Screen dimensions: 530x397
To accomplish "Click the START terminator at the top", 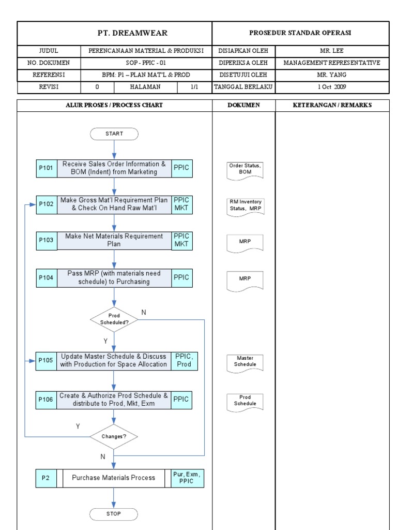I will tap(114, 134).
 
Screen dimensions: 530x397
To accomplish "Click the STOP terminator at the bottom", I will tap(114, 514).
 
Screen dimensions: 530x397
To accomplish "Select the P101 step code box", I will tap(46, 168).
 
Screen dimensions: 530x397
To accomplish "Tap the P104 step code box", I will tap(46, 277).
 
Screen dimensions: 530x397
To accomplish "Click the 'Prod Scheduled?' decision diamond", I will tap(114, 319).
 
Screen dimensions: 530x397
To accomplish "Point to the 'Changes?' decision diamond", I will tap(114, 436).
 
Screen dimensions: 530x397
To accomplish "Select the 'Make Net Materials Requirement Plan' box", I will tap(114, 240).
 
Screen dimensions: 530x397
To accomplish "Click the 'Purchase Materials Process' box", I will tap(114, 478).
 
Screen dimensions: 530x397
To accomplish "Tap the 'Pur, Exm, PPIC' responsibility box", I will tap(187, 478).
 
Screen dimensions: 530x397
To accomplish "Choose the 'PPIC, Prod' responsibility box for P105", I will tap(184, 360).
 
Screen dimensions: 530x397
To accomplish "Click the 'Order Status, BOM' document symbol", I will tap(245, 169).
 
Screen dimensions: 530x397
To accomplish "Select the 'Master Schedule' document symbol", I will tap(245, 362).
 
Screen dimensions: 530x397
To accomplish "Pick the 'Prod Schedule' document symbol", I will tap(245, 401).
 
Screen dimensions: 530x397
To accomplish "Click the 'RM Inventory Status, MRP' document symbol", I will tap(245, 205).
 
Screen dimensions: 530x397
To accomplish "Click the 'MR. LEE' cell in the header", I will tap(332, 51).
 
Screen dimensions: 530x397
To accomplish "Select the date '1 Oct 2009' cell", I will tap(332, 87).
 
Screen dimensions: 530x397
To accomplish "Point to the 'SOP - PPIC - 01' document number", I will tap(146, 63).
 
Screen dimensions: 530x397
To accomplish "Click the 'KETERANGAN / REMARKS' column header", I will tap(332, 105).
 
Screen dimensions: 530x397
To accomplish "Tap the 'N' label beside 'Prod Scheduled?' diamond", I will tap(144, 313).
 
